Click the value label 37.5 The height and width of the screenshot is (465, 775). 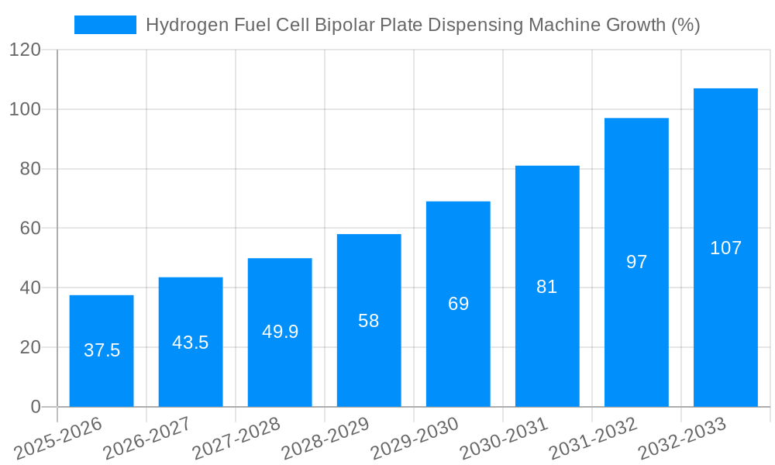pos(102,350)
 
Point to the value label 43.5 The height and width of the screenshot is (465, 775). pos(191,343)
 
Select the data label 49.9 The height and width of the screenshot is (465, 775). pos(280,332)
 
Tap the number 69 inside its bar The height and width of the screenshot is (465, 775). pos(458,304)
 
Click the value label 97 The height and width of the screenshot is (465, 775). pos(636,262)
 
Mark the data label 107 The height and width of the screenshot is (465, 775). pos(725,248)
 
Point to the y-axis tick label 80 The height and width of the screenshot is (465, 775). pos(30,169)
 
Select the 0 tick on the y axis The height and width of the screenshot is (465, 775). pos(36,407)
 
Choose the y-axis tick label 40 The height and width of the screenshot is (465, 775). pos(30,288)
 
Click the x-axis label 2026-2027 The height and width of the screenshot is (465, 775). pos(147,439)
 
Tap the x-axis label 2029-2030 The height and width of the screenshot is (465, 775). pos(415,439)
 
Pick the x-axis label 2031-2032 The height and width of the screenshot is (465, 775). pos(593,439)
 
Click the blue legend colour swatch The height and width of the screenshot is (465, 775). pos(105,25)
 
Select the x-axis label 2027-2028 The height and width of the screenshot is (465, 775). pos(236,439)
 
